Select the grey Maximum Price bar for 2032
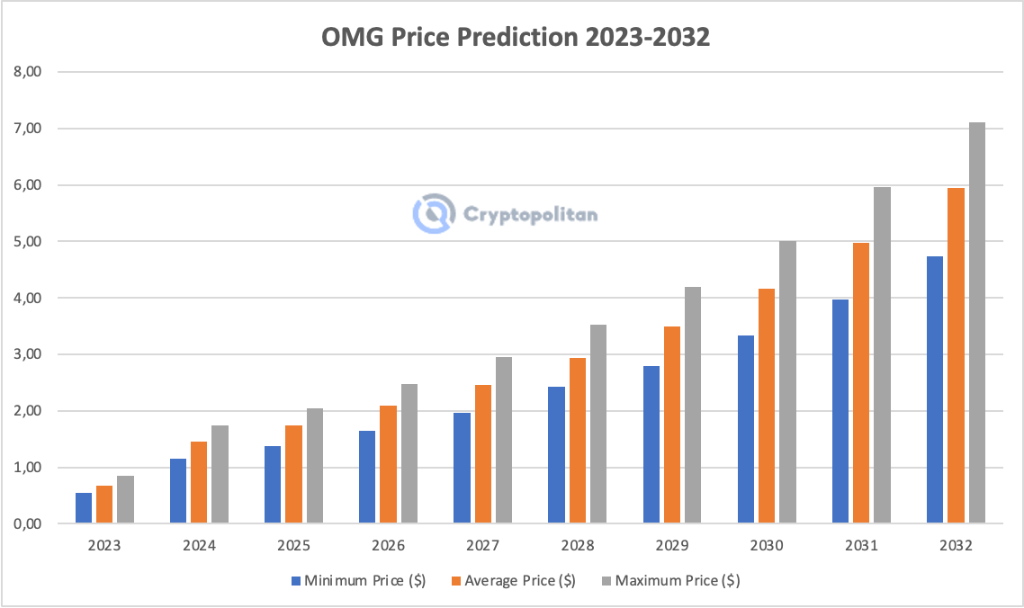coord(976,323)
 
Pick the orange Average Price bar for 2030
coord(766,406)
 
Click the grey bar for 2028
coord(597,424)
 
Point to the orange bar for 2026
coord(388,464)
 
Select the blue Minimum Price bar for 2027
coord(462,468)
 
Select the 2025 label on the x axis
coord(293,546)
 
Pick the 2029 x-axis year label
coord(671,546)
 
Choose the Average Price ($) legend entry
coord(513,581)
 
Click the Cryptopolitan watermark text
coord(531,214)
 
